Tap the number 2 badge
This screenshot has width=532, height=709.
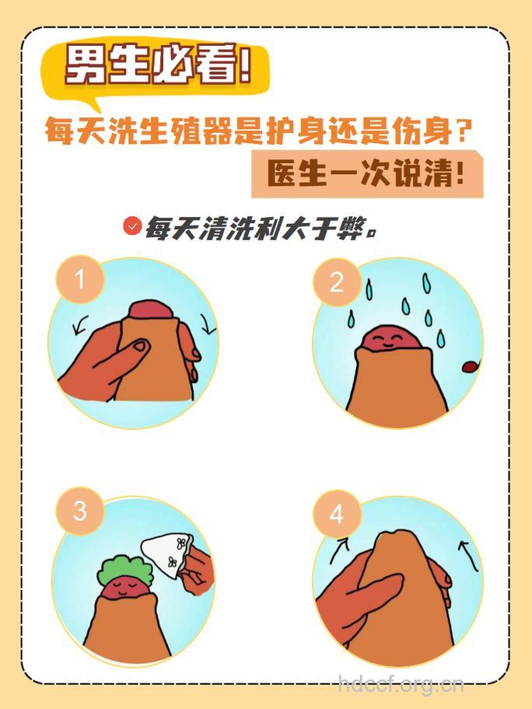[336, 281]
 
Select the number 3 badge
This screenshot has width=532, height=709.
[79, 511]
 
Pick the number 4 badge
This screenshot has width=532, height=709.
[336, 514]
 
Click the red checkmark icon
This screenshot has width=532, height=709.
[132, 226]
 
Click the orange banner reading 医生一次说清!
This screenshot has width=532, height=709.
[366, 173]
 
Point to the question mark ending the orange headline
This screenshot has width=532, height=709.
[464, 131]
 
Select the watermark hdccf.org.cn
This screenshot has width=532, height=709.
[401, 685]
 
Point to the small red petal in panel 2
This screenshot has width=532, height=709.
[471, 367]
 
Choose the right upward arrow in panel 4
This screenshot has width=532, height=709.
[467, 554]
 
